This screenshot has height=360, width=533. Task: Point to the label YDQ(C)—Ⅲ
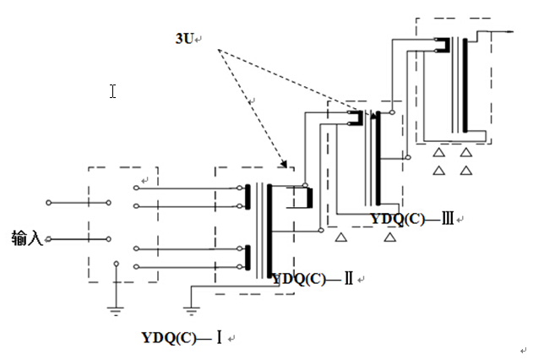tap(412, 219)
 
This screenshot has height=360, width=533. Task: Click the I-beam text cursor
tap(112, 90)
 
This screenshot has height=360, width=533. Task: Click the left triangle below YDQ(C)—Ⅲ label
tap(340, 239)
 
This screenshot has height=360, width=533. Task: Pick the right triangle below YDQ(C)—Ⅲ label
tap(390, 239)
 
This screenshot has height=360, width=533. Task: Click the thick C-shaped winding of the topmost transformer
tap(441, 44)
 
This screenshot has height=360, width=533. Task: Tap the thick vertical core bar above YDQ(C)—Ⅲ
tap(376, 156)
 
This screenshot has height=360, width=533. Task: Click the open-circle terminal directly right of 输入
tap(49, 240)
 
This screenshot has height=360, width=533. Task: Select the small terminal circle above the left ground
tap(116, 266)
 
